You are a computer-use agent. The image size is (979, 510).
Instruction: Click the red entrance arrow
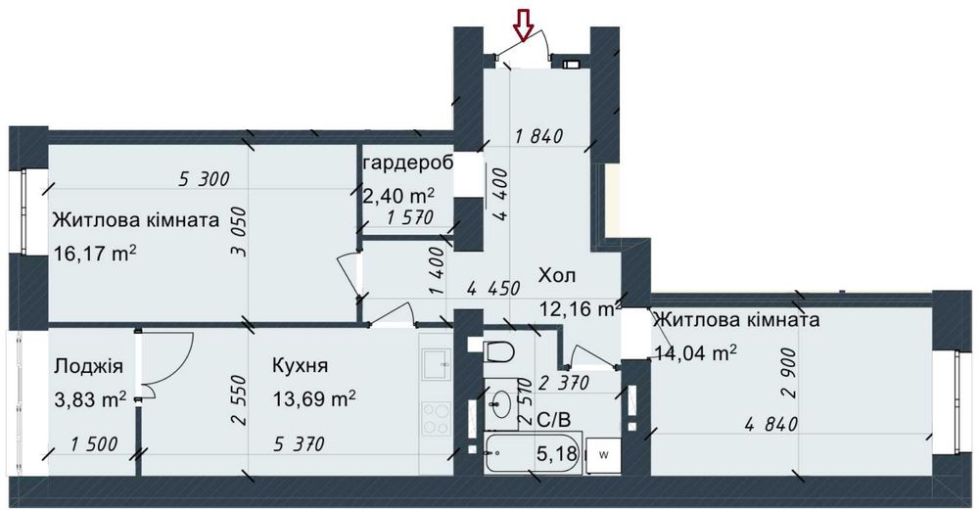[x=523, y=27]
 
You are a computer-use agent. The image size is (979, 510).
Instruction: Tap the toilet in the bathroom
[x=497, y=350]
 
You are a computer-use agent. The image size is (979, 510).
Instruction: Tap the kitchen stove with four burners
[x=437, y=419]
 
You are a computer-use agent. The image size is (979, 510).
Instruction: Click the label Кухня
[x=300, y=365]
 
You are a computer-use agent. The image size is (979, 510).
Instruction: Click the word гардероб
[x=407, y=163]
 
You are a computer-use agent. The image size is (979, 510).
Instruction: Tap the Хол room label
[x=557, y=275]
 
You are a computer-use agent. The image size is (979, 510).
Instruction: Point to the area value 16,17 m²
[x=95, y=254]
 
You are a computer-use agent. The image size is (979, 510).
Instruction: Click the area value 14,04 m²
[x=695, y=353]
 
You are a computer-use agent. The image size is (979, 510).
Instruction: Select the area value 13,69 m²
[x=314, y=397]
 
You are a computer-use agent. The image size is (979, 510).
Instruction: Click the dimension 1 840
[x=539, y=135]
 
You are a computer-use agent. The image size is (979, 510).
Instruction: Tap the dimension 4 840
[x=771, y=425]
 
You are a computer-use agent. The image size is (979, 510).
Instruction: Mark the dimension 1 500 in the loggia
[x=94, y=444]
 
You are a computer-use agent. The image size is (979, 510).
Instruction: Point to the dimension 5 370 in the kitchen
[x=299, y=444]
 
